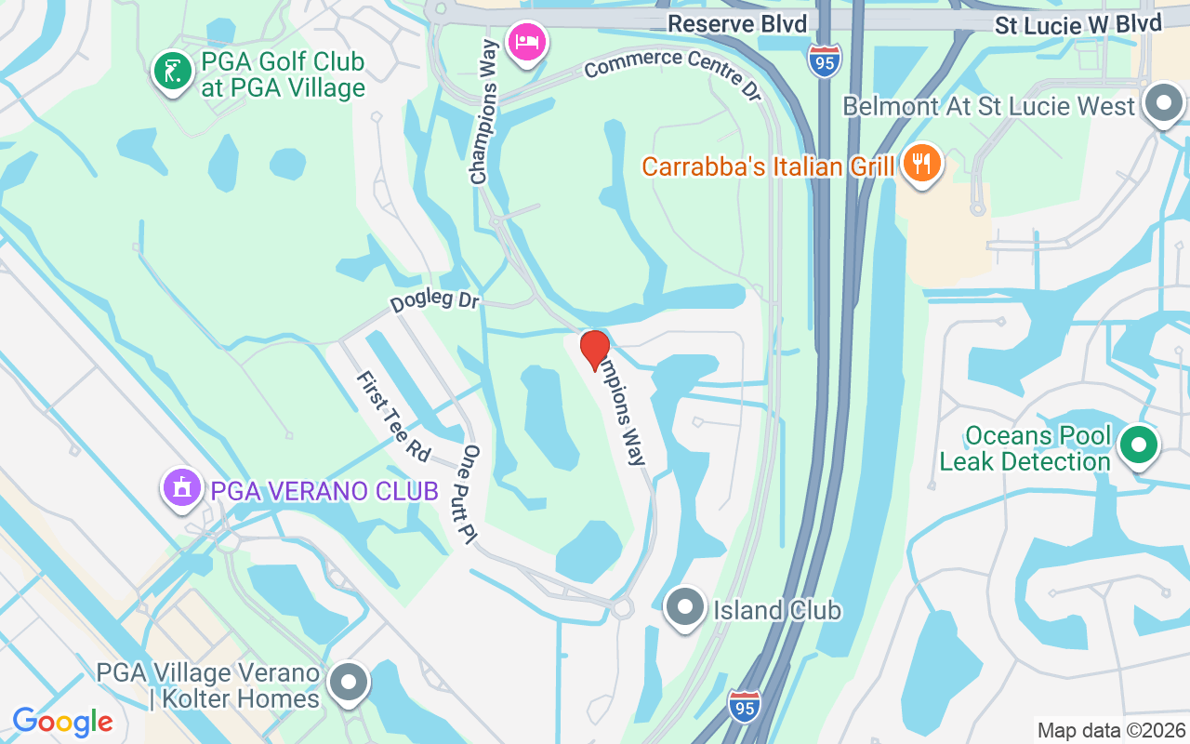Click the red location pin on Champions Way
tap(595, 350)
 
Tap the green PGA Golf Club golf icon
tap(172, 71)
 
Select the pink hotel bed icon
tap(526, 42)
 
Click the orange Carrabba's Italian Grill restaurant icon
tap(921, 165)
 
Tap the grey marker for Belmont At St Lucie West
tap(1163, 104)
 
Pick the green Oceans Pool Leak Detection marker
tap(1138, 445)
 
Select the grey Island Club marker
tap(686, 607)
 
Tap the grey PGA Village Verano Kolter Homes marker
tap(349, 683)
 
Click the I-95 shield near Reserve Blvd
tap(824, 60)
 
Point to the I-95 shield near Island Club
tap(745, 704)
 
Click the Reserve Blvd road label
tap(737, 23)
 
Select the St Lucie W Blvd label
tap(1078, 23)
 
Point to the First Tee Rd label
tap(393, 416)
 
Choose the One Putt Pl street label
tap(469, 494)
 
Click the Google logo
tap(62, 722)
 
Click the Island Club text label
tap(776, 610)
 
